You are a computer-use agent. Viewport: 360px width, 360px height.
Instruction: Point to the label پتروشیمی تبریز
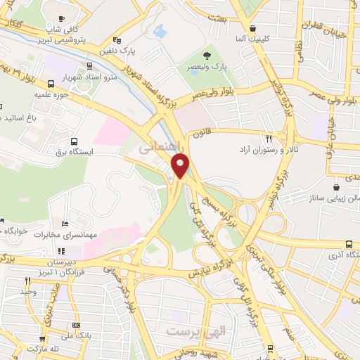[x=76, y=40]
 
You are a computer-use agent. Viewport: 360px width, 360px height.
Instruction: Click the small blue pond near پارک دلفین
[x=158, y=32]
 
